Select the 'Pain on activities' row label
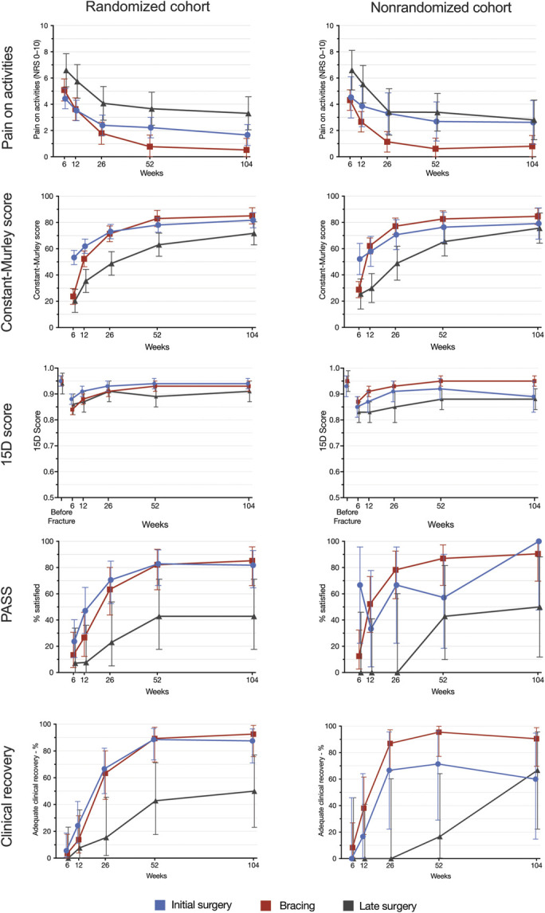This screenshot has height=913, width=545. tap(12, 90)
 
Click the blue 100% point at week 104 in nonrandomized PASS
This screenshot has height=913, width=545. tap(536, 541)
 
